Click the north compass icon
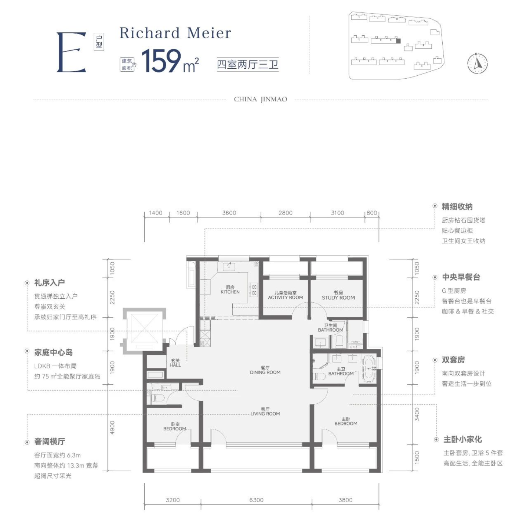(x=477, y=64)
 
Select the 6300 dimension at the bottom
(x=256, y=500)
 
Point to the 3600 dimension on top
(x=229, y=213)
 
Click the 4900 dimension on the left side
(x=112, y=428)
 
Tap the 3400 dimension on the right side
(x=417, y=414)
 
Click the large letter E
(x=71, y=52)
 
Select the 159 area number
(x=161, y=61)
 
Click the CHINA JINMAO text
(x=260, y=100)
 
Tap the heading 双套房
(x=453, y=360)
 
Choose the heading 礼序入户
(x=50, y=283)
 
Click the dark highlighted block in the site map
(x=398, y=41)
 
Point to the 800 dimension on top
(x=372, y=213)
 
